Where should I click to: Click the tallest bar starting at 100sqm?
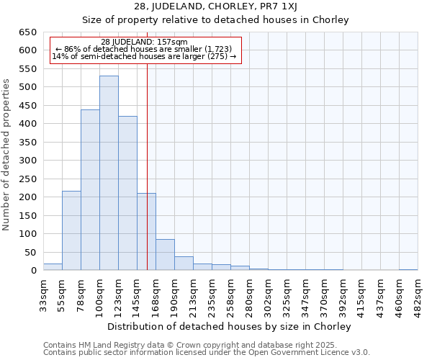tap(109, 173)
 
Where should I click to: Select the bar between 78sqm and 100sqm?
tap(90, 190)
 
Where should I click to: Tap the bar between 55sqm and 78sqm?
tap(71, 230)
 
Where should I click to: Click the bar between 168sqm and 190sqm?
tap(165, 255)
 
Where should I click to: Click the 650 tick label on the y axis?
tap(28, 32)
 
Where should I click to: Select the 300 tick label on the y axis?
tap(28, 161)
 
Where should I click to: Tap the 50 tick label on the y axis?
tap(30, 253)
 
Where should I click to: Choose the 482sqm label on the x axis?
tap(418, 295)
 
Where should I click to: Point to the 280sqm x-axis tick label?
tap(249, 295)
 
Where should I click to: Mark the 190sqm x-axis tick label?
tap(174, 295)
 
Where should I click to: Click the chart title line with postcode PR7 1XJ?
tap(215, 6)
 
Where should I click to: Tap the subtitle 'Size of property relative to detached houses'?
tap(215, 19)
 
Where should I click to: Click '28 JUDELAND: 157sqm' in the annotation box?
tap(144, 42)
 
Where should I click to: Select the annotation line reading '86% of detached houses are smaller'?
tap(144, 49)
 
